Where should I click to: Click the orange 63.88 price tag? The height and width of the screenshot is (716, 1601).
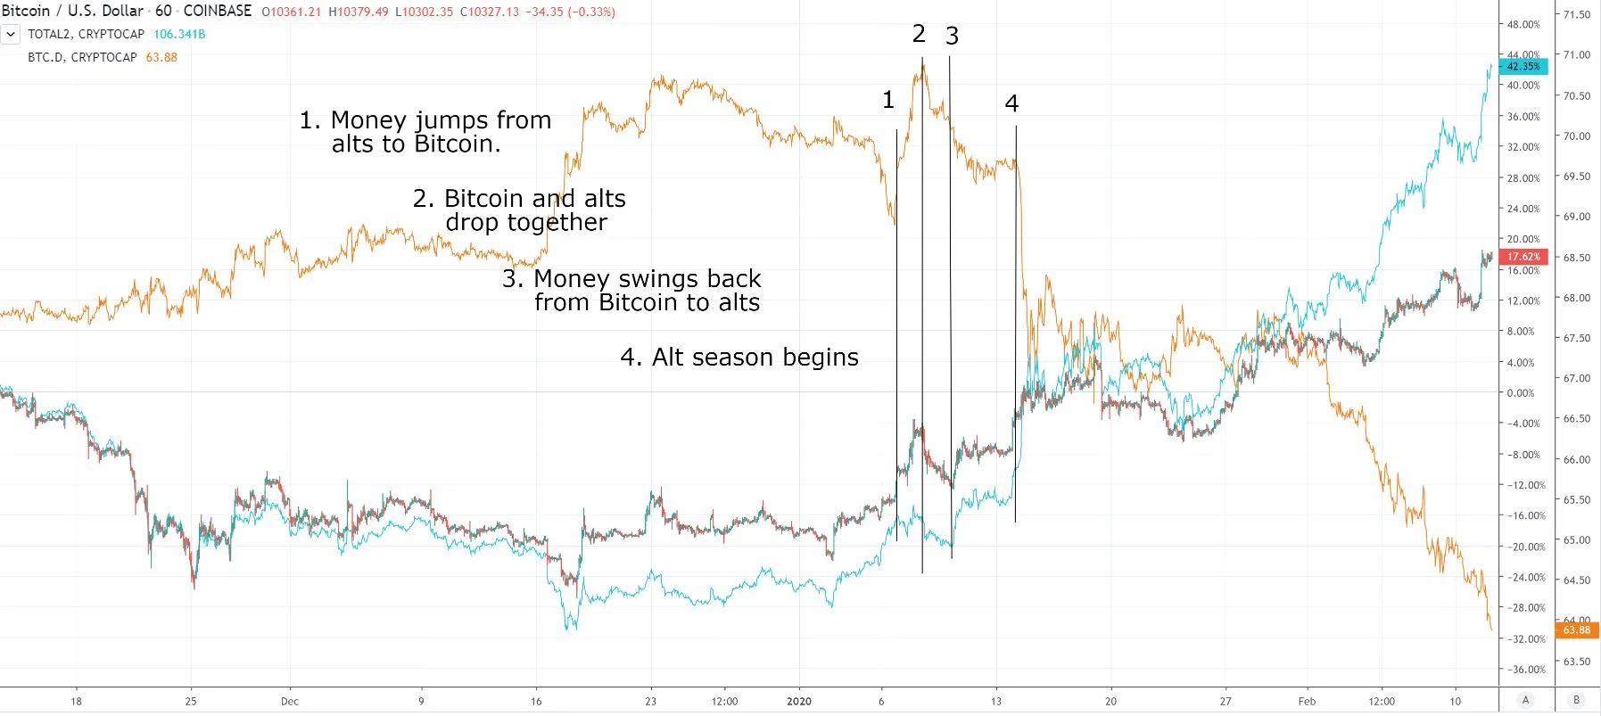pos(1576,630)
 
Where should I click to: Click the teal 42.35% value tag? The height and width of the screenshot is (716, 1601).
pos(1523,66)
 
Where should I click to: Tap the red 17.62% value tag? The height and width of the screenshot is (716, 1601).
pos(1523,257)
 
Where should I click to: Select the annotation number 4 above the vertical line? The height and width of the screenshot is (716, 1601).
pos(1011,103)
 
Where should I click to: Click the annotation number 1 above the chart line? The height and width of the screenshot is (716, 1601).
pos(887,100)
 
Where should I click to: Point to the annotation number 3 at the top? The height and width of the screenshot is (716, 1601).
pos(952,36)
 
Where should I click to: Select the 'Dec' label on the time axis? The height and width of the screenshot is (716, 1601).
pos(290,702)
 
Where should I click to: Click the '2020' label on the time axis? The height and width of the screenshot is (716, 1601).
pos(799,702)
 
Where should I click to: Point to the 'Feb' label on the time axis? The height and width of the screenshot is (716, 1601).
pos(1307,702)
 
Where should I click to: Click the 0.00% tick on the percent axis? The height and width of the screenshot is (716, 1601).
pos(1520,393)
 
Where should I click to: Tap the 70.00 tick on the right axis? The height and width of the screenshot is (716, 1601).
pos(1576,136)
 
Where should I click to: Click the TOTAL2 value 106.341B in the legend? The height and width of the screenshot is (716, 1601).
pos(179,34)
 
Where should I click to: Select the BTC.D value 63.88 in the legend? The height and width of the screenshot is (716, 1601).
pos(161,57)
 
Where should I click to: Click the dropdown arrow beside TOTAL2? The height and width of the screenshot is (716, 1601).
pos(11,34)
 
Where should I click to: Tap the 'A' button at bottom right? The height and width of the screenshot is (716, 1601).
pos(1526,701)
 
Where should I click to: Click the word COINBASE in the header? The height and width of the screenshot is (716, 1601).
pos(218,12)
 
